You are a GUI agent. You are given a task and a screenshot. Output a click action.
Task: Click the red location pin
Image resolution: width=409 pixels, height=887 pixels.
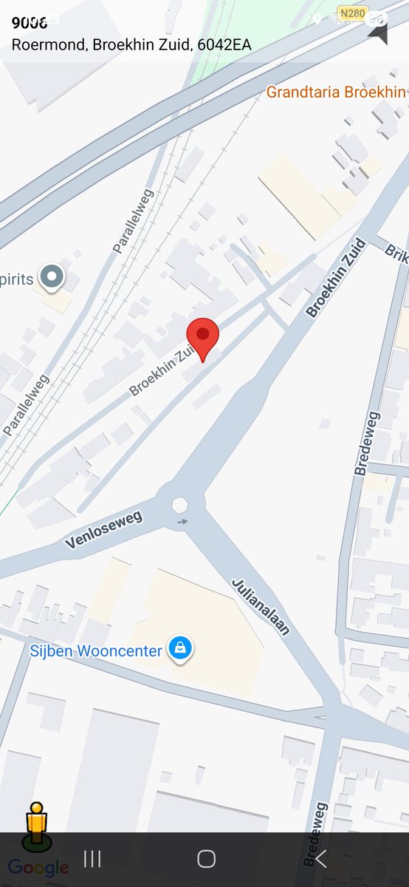[203, 337]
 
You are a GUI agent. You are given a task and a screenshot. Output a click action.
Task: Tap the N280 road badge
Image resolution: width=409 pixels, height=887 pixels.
[352, 13]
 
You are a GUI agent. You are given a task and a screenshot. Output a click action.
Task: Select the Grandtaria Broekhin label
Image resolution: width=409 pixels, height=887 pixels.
[336, 92]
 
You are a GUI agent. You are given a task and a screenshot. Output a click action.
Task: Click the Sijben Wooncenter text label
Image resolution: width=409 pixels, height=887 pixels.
[95, 651]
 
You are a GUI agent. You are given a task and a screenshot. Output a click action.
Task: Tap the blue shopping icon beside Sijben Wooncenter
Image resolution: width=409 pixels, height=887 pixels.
[179, 649]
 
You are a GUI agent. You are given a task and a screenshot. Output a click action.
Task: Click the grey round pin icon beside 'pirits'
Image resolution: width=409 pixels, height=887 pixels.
[52, 277]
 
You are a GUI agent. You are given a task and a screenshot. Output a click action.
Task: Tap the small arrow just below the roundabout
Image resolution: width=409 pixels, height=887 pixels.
[182, 522]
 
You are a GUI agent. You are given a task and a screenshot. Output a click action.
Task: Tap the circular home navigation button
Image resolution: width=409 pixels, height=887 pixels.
[206, 858]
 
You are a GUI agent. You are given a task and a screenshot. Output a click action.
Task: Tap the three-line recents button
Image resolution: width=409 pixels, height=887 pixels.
[92, 858]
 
